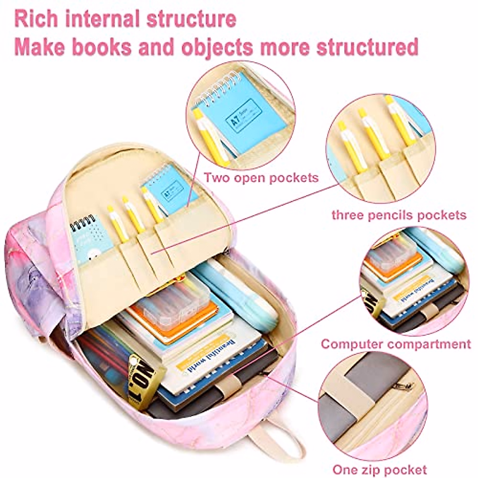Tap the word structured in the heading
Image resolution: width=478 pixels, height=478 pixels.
click(x=367, y=47)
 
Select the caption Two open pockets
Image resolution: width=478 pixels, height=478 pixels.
click(x=261, y=177)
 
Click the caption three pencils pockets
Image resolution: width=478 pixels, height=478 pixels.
click(x=399, y=215)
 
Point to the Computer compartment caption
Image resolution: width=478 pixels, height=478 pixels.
click(x=396, y=343)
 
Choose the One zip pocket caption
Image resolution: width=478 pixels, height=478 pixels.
click(x=380, y=469)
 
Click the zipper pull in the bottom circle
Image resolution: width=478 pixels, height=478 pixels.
click(x=407, y=385)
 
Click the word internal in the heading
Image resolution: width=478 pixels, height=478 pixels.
click(x=99, y=18)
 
